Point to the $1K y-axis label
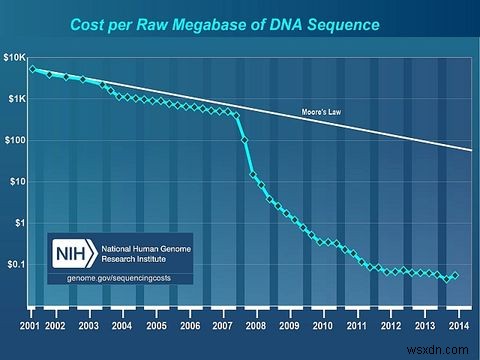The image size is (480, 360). [x=18, y=99]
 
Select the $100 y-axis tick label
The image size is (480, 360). [x=17, y=141]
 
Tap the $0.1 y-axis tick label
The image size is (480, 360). [x=18, y=264]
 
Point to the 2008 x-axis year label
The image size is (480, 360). [x=256, y=326]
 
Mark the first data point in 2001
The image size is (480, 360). [x=32, y=69]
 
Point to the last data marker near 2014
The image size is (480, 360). [x=456, y=275]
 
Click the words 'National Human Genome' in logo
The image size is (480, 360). [x=136, y=244]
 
